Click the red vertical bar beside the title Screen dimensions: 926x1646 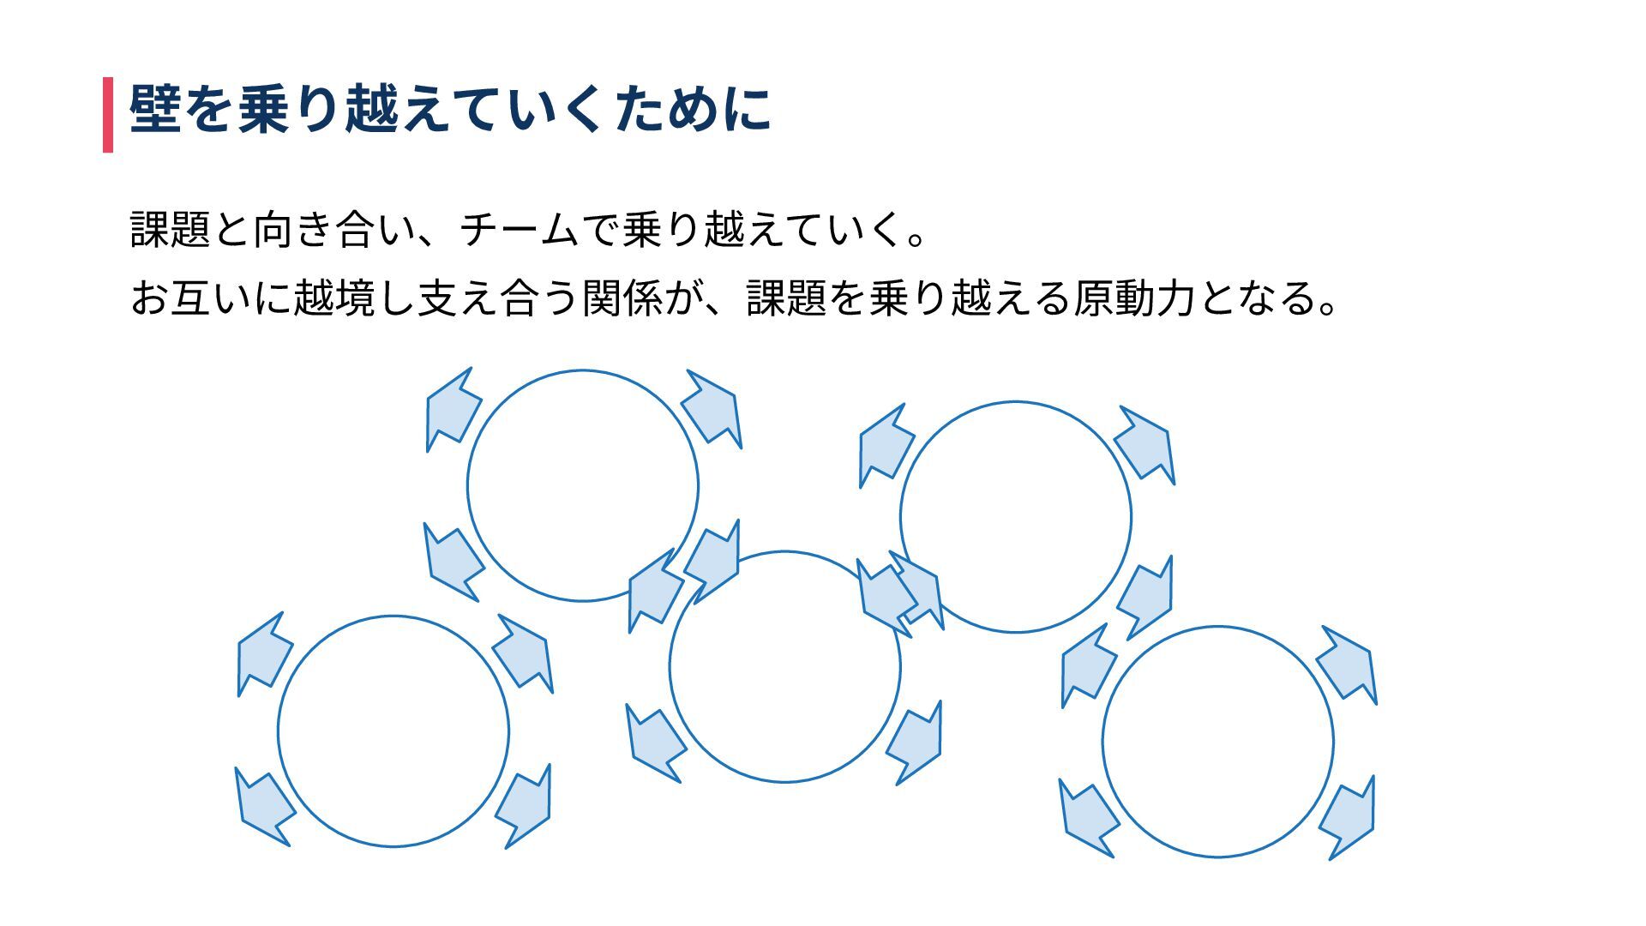(108, 114)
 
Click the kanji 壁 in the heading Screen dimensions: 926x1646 (155, 110)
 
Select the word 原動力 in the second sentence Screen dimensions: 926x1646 (1133, 298)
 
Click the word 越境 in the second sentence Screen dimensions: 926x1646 (334, 298)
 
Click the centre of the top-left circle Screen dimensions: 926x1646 (583, 486)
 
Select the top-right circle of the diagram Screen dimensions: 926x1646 (1016, 517)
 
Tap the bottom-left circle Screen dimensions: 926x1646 (393, 731)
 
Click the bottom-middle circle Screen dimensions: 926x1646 (784, 667)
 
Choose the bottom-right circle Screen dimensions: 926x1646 (1217, 742)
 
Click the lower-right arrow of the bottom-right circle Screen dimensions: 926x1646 (1349, 818)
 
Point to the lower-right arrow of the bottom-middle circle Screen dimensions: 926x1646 (916, 743)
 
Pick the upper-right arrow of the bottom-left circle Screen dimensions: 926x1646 (524, 653)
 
